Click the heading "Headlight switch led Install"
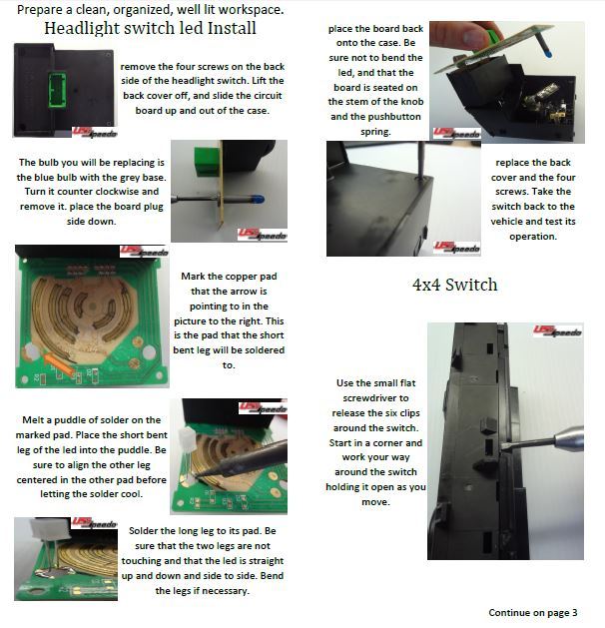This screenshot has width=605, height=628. pyautogui.click(x=150, y=28)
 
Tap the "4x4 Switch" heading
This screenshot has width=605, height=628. pyautogui.click(x=455, y=285)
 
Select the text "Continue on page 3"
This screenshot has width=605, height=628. pyautogui.click(x=533, y=613)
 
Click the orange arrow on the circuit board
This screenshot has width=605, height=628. pyautogui.click(x=57, y=363)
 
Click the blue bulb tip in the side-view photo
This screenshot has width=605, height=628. pyautogui.click(x=258, y=199)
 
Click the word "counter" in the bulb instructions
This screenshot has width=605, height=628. pyautogui.click(x=72, y=192)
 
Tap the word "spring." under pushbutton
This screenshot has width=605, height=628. pyautogui.click(x=375, y=132)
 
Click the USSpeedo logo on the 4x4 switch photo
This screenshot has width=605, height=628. pyautogui.click(x=557, y=331)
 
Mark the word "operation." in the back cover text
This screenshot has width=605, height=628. pyautogui.click(x=533, y=237)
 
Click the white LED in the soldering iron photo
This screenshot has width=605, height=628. pyautogui.click(x=188, y=438)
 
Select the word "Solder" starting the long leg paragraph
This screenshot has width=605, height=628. pyautogui.click(x=143, y=531)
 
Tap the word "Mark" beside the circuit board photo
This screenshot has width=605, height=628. pyautogui.click(x=193, y=277)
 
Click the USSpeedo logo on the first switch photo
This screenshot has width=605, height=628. pyautogui.click(x=95, y=132)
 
